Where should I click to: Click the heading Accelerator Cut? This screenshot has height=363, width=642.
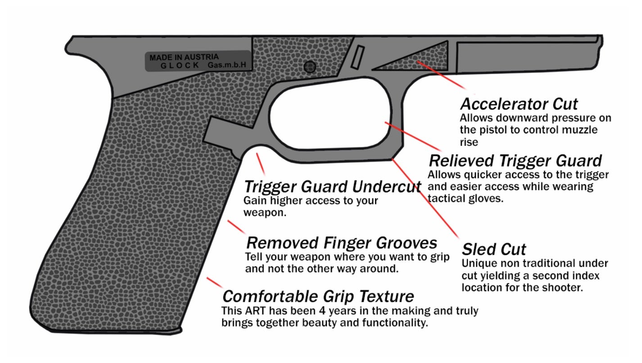click(519, 104)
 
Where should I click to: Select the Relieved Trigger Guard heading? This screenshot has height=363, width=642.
click(515, 161)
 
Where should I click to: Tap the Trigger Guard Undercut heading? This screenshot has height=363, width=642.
click(332, 186)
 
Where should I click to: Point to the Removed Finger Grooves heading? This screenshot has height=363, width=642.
click(342, 243)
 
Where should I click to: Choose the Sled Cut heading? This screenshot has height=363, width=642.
click(493, 249)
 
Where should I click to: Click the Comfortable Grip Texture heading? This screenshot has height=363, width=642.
click(318, 296)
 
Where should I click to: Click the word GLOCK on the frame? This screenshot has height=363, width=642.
click(180, 66)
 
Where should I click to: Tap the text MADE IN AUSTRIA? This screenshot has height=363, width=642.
click(184, 57)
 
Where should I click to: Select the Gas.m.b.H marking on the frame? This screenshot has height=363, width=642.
click(227, 65)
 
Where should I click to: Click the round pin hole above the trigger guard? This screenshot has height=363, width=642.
click(310, 67)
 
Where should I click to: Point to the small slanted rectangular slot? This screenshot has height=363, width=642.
click(357, 57)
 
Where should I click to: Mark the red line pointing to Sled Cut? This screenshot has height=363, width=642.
click(425, 199)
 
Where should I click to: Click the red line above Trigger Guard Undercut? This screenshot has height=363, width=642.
click(260, 164)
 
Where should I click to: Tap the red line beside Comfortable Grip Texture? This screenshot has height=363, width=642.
click(214, 282)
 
